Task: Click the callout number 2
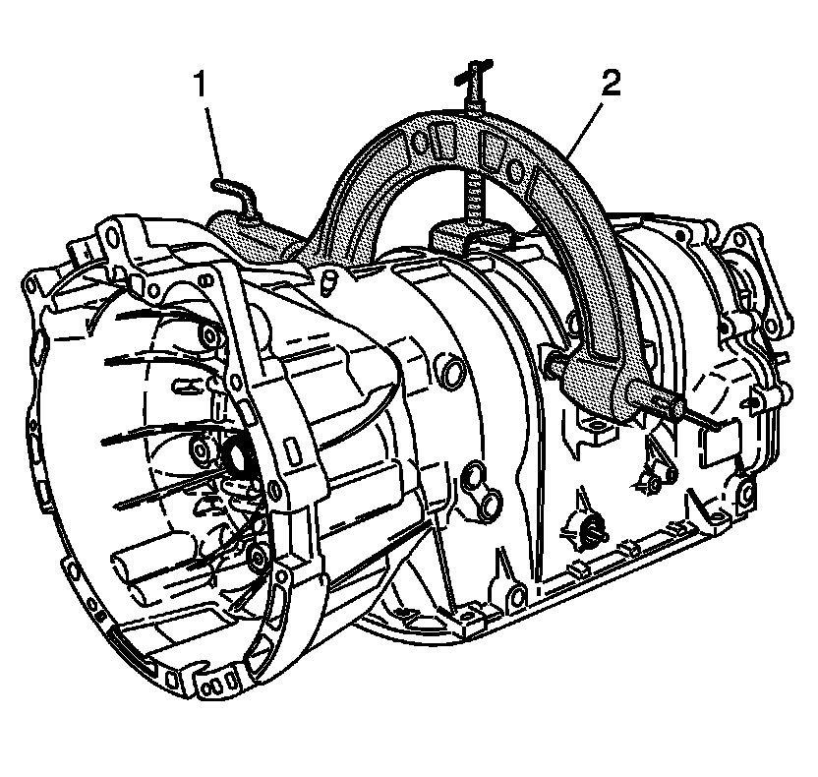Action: tap(611, 84)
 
